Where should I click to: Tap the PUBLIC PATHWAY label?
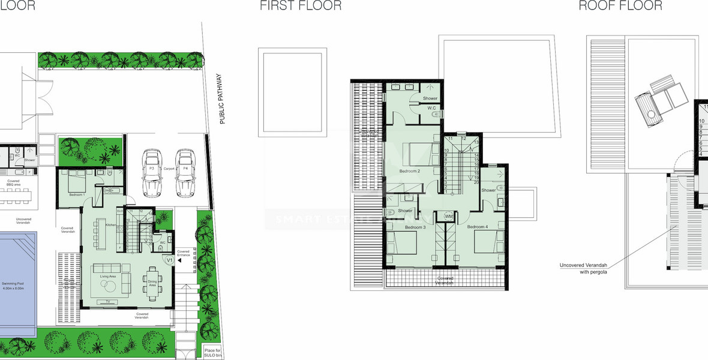[221, 99]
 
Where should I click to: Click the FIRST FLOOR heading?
[301, 6]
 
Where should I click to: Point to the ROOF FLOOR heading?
[620, 6]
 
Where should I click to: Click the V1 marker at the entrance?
[169, 260]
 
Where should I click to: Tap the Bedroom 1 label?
[76, 195]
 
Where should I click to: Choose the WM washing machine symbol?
[448, 216]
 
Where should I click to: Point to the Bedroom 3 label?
[415, 227]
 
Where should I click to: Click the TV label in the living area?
[108, 301]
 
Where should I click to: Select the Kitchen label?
[110, 225]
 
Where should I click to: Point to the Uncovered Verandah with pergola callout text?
[583, 268]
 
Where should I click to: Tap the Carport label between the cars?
[168, 169]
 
